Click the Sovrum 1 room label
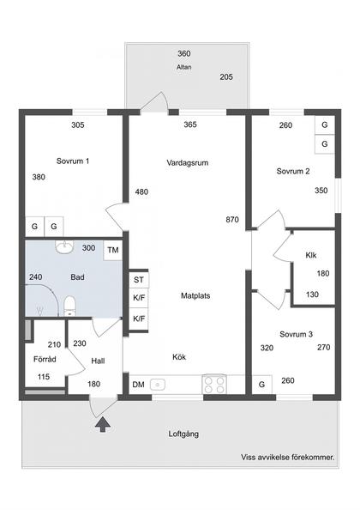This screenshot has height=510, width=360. (x=73, y=161)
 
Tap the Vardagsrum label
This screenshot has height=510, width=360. (x=189, y=161)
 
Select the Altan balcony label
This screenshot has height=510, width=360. (x=183, y=66)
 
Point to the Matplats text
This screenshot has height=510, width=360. (x=195, y=295)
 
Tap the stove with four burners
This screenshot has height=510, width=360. (x=214, y=384)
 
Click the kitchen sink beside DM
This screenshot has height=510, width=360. (x=158, y=385)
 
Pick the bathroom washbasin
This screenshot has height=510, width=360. (x=63, y=248)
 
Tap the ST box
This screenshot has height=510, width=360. (x=137, y=280)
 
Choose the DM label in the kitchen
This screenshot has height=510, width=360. (x=138, y=385)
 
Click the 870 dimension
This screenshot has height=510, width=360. (x=232, y=219)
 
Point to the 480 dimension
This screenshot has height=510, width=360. (x=141, y=191)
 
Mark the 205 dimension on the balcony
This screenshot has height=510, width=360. (x=226, y=77)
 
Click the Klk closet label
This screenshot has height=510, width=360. (x=310, y=255)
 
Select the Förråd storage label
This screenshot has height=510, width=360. (x=45, y=360)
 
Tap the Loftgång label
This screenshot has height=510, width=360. (x=183, y=434)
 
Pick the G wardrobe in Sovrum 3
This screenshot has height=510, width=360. (x=261, y=384)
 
